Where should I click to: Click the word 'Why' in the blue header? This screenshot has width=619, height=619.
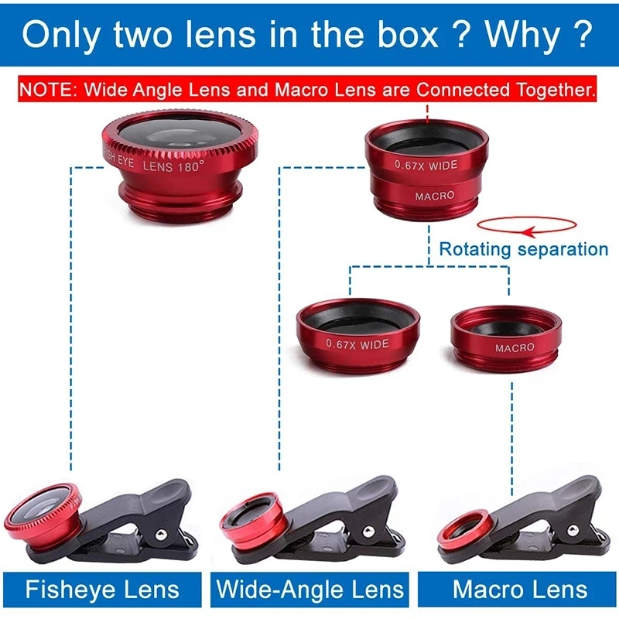point(523,35)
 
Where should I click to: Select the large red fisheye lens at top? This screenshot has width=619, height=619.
point(180,165)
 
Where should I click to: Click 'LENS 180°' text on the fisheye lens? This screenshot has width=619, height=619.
point(173,166)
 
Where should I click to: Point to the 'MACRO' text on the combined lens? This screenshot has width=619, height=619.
point(435,196)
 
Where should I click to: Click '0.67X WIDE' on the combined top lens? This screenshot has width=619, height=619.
point(426,166)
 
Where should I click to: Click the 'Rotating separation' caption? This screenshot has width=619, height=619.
point(524,249)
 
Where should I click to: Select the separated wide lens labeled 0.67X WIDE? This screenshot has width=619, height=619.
point(357,336)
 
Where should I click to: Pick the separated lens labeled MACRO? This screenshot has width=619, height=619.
point(506,340)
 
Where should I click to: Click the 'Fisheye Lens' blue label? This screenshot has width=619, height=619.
point(102,590)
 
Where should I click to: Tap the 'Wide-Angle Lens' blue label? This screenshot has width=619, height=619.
point(310,590)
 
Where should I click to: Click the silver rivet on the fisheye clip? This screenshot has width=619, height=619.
point(161,535)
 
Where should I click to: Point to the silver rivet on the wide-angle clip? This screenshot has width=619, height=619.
point(368,532)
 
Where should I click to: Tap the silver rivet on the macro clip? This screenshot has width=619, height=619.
point(573,530)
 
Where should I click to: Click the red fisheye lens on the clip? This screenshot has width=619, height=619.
point(43,518)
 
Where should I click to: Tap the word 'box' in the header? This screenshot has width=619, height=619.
point(408,35)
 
